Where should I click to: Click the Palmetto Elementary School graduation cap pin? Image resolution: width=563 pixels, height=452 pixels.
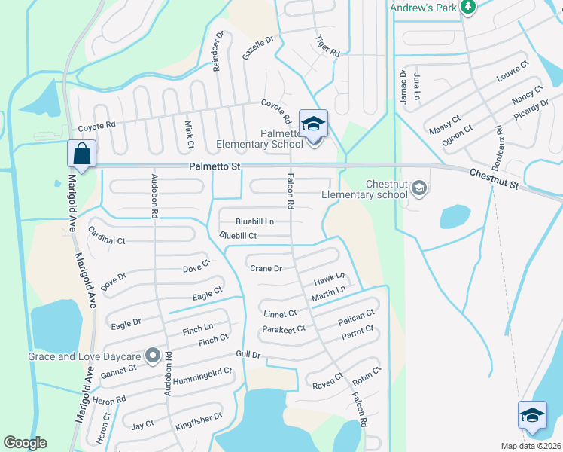(x=313, y=124)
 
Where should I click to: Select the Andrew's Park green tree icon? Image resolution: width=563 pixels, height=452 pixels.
(x=468, y=7)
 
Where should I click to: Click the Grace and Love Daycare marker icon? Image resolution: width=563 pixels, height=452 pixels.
(x=154, y=354)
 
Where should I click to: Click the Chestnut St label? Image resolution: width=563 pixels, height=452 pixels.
(x=495, y=179)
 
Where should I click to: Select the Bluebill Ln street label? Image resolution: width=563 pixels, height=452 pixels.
(x=254, y=221)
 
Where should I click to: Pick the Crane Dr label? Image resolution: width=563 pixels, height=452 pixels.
(x=266, y=268)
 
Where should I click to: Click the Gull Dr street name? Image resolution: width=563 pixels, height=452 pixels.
(x=248, y=355)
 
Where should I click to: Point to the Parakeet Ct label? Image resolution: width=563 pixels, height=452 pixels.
(x=283, y=329)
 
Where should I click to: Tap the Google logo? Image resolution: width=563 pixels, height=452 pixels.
(x=25, y=443)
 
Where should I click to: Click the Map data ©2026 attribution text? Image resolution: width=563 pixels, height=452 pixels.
(x=531, y=446)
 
